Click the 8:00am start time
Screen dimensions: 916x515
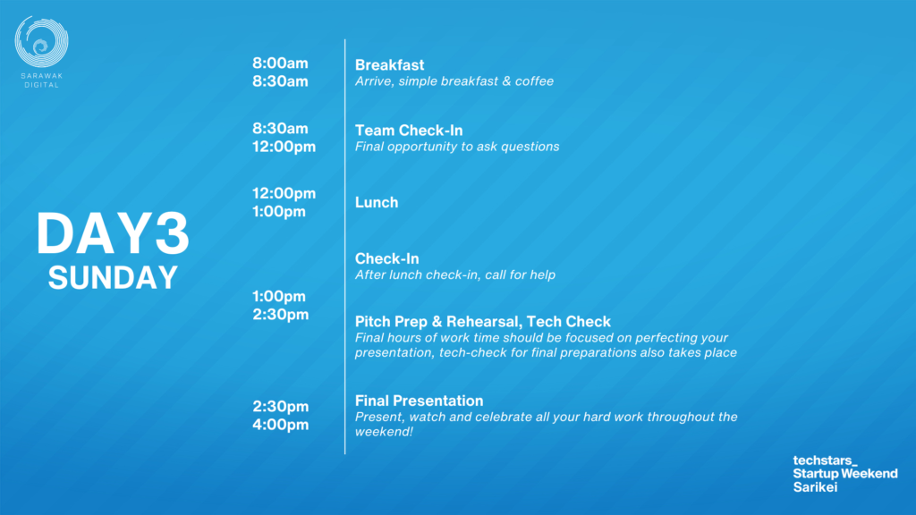(280, 63)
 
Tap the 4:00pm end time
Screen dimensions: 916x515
(280, 425)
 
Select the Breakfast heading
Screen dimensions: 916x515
(390, 64)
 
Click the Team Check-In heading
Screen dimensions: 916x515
(409, 131)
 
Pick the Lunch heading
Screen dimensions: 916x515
(377, 202)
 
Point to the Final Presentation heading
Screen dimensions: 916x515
(420, 401)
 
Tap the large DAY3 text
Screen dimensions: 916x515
(113, 233)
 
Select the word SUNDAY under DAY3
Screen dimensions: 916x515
(113, 277)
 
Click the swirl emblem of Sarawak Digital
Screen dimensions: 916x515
(41, 41)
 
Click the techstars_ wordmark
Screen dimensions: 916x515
(825, 460)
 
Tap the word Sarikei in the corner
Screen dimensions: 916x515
(815, 487)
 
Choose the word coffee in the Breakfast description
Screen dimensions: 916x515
(535, 81)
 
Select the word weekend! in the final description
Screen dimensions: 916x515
(384, 432)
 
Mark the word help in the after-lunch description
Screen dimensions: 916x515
(542, 275)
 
